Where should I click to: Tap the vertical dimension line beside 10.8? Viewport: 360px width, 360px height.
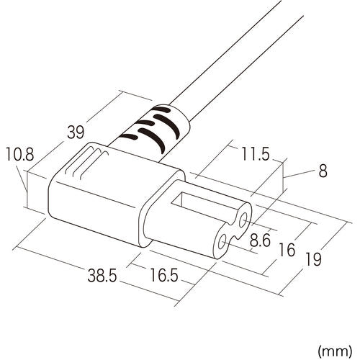(x=27, y=189)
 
